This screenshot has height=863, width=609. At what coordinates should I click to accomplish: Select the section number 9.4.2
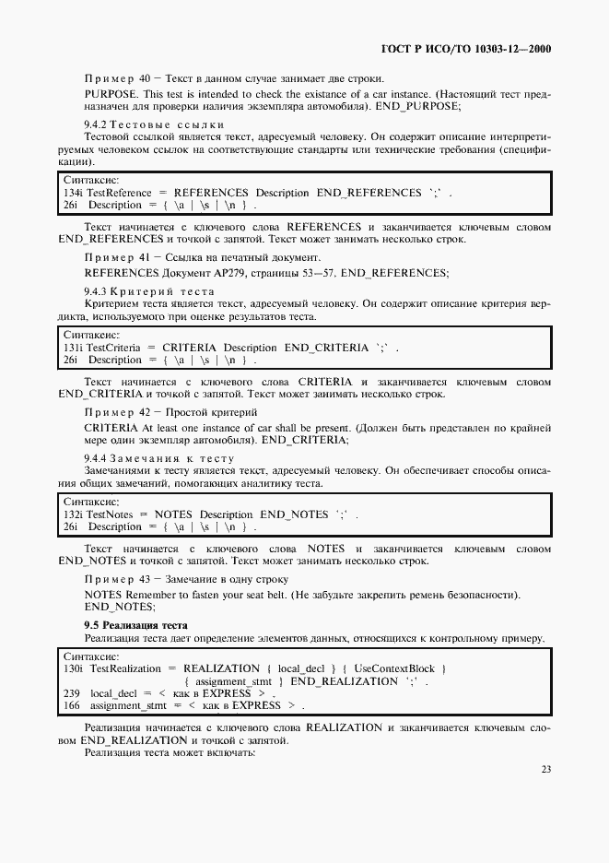96,124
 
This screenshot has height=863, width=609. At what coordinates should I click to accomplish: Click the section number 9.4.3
96,291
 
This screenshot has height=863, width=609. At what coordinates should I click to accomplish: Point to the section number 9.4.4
96,458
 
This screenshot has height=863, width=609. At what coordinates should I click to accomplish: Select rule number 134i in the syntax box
73,192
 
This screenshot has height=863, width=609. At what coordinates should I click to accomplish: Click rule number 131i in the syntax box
73,347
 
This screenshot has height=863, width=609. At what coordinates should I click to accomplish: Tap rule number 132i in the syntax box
73,514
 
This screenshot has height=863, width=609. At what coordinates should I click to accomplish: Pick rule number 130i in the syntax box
73,668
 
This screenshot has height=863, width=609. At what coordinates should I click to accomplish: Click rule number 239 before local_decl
71,692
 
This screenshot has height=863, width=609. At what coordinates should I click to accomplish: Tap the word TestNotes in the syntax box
111,514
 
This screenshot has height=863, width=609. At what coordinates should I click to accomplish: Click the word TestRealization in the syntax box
124,668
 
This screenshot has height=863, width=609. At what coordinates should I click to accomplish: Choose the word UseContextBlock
394,668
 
